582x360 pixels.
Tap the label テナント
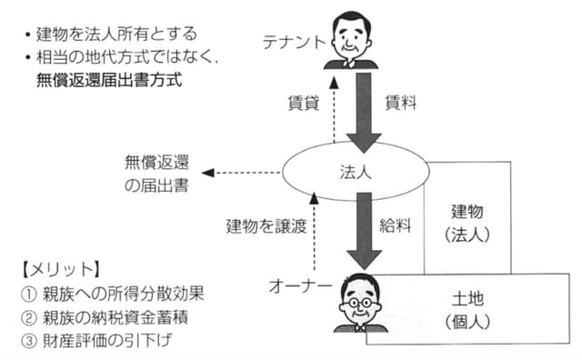pos(294,41)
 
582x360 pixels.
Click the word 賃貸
pos(305,103)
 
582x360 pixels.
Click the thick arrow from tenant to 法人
pos(364,109)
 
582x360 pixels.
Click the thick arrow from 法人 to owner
pos(364,232)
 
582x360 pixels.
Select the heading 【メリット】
pos(59,271)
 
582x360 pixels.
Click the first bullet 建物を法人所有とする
pos(109,35)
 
